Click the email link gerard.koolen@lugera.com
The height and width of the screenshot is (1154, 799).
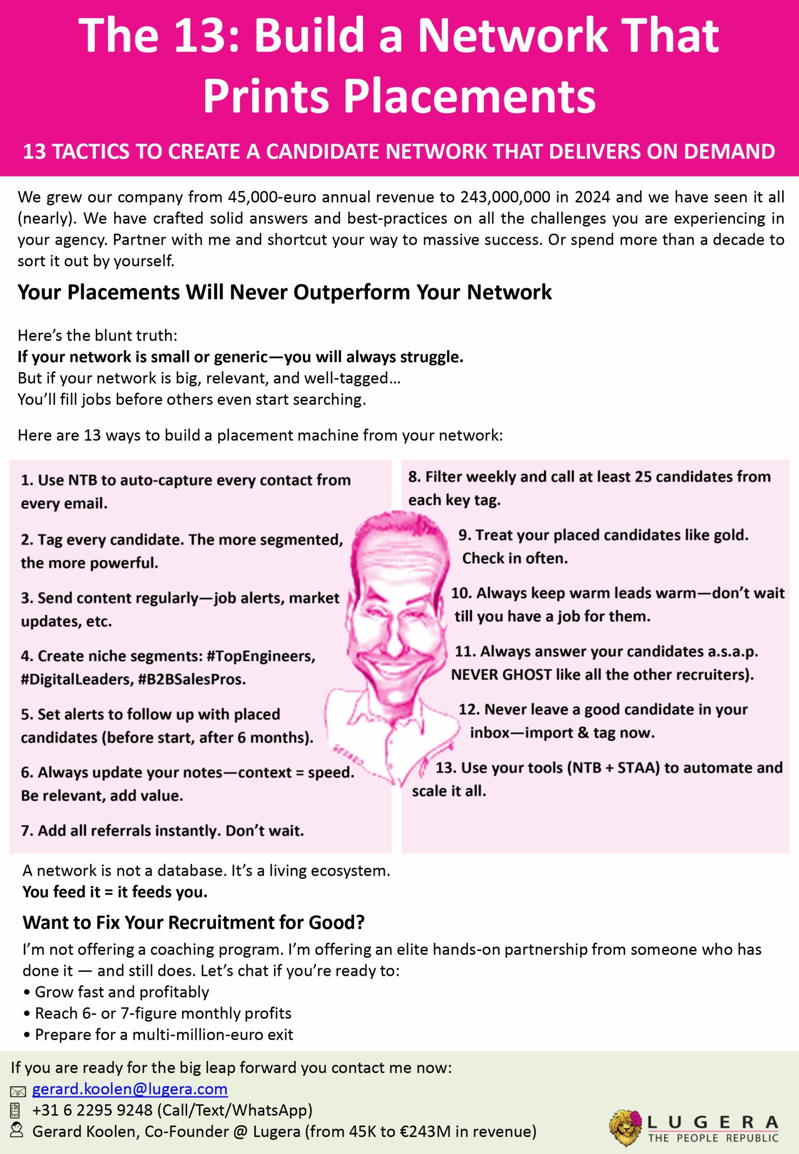click(130, 1089)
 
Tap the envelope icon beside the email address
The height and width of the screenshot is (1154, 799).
click(18, 1091)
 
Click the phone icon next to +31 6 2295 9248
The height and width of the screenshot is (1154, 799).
click(15, 1110)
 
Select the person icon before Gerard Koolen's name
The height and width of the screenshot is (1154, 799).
click(17, 1130)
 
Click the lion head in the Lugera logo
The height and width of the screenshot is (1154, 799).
click(623, 1127)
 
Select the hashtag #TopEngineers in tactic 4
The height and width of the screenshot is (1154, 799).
click(261, 656)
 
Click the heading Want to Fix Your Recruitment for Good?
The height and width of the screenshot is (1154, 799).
click(194, 922)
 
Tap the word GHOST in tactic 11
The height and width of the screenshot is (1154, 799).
click(526, 674)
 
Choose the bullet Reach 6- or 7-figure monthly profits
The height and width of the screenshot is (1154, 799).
click(163, 1013)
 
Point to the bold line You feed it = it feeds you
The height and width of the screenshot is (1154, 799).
click(115, 892)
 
